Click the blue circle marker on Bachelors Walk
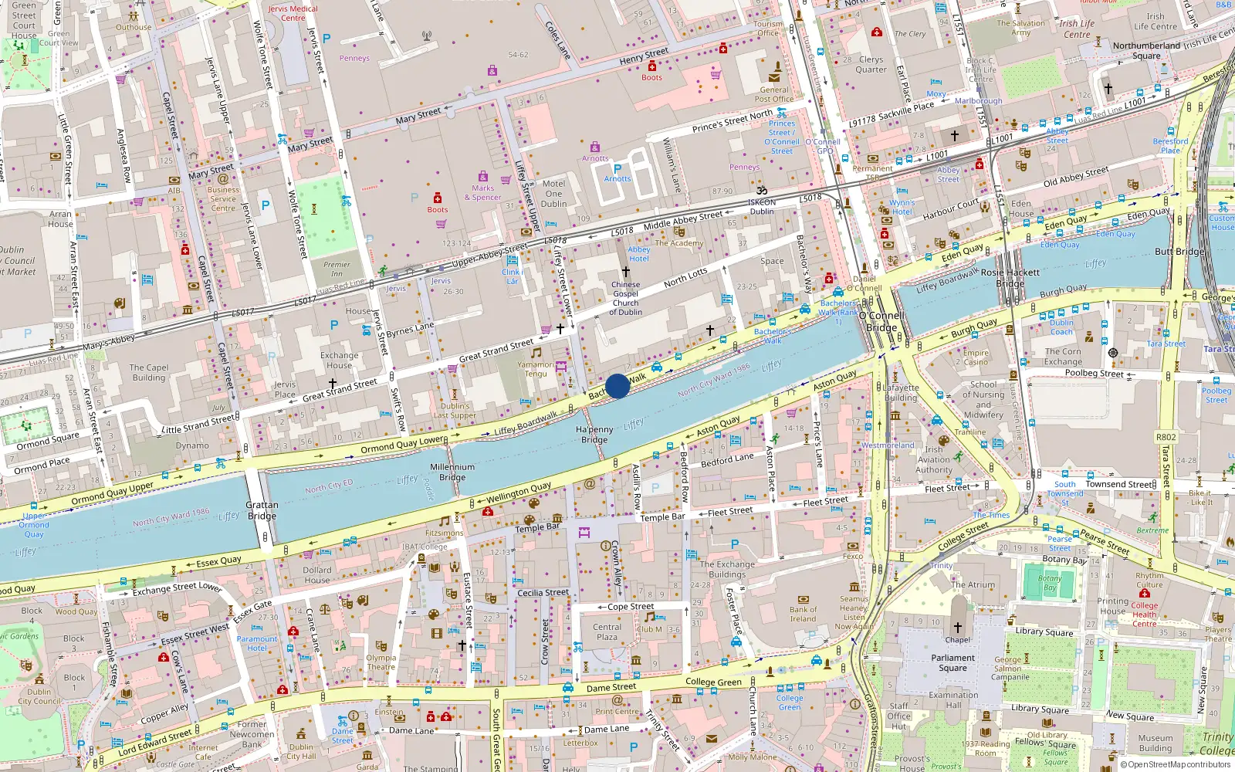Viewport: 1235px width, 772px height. (x=617, y=386)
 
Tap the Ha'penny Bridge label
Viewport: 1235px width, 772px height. (x=594, y=435)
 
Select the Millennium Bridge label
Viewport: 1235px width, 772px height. (x=452, y=472)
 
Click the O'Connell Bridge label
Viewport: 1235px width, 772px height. (x=882, y=321)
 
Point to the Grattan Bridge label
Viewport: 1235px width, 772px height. (x=262, y=510)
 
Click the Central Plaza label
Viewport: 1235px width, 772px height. (x=607, y=631)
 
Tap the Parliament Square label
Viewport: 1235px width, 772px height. (x=952, y=662)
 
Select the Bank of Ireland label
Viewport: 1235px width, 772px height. (x=803, y=614)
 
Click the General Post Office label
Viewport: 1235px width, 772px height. (x=773, y=94)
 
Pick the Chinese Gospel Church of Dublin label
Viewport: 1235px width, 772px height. (x=625, y=298)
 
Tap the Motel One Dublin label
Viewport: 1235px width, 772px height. (x=553, y=194)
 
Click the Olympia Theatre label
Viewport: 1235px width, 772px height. (x=381, y=662)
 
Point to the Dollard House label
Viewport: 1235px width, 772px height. (x=316, y=574)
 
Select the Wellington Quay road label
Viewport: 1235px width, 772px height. (x=519, y=492)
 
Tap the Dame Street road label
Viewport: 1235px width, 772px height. (x=611, y=687)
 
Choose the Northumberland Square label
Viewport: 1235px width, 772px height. (x=1146, y=50)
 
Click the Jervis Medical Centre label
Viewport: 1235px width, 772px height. (x=293, y=13)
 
